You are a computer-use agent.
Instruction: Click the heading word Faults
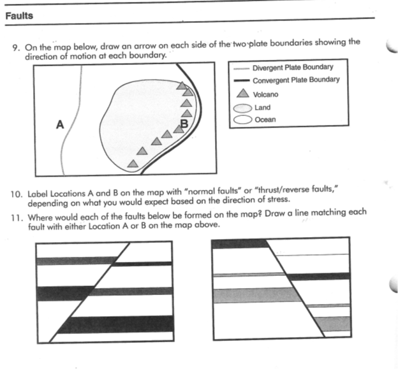(19, 16)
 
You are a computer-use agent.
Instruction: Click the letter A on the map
(60, 124)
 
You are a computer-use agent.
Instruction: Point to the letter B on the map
(184, 124)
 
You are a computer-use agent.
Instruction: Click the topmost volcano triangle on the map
(182, 84)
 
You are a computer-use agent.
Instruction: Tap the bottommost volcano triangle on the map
(132, 163)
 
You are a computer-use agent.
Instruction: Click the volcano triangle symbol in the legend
(242, 94)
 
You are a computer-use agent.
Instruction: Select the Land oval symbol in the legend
(242, 108)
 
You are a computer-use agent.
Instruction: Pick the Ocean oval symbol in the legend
(242, 119)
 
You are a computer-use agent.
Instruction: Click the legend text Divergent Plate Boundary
(293, 68)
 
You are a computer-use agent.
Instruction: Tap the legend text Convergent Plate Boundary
(296, 80)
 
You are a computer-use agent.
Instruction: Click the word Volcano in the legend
(265, 94)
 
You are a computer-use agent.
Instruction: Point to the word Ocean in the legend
(265, 119)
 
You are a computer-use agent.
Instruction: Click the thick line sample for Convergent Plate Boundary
(241, 81)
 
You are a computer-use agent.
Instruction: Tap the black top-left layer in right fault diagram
(240, 243)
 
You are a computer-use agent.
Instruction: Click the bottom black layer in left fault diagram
(115, 324)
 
